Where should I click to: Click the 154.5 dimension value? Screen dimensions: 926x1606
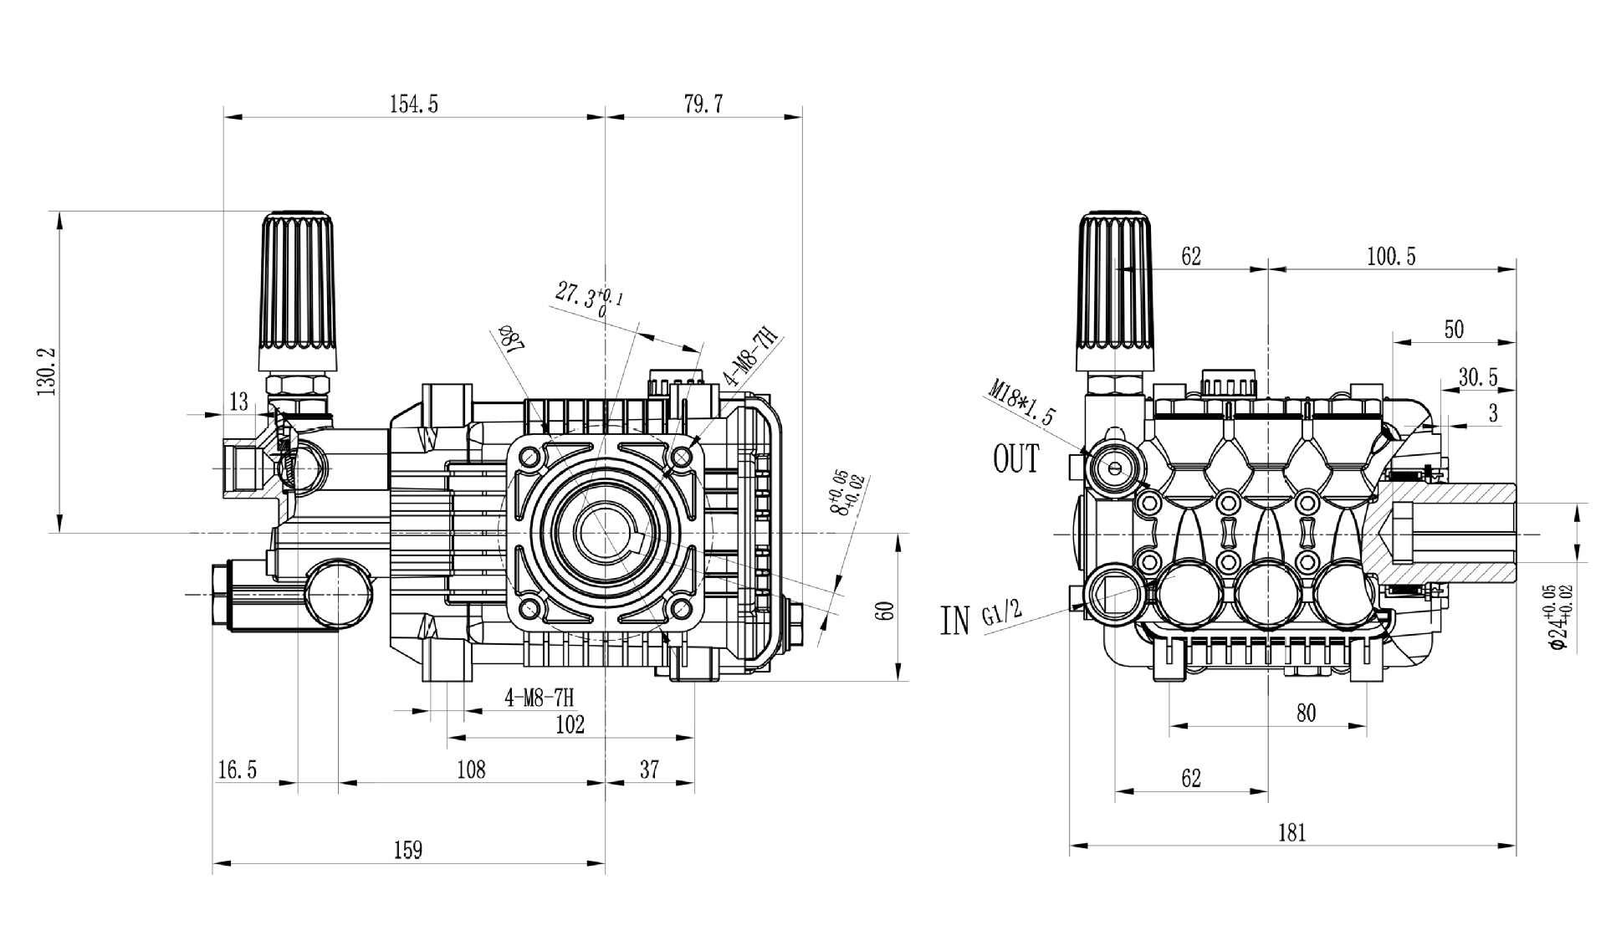click(413, 104)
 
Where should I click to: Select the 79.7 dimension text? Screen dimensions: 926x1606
click(703, 104)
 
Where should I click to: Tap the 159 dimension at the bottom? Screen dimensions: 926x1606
click(408, 850)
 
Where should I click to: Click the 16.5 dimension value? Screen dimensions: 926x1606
click(238, 770)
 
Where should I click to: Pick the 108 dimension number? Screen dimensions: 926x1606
click(471, 770)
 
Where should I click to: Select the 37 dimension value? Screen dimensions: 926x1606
click(649, 770)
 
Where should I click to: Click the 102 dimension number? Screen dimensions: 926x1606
click(570, 724)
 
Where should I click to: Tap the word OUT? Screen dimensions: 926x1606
click(1015, 458)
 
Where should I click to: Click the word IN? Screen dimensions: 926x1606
click(955, 620)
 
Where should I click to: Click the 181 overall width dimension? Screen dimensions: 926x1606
click(1291, 832)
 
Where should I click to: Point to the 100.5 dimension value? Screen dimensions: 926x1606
click(1391, 256)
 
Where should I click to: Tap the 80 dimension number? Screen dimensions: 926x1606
click(1306, 713)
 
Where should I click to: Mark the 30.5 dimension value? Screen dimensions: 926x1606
click(1478, 377)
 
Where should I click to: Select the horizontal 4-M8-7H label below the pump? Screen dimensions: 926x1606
click(540, 698)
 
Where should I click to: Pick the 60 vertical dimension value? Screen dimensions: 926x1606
click(887, 610)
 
